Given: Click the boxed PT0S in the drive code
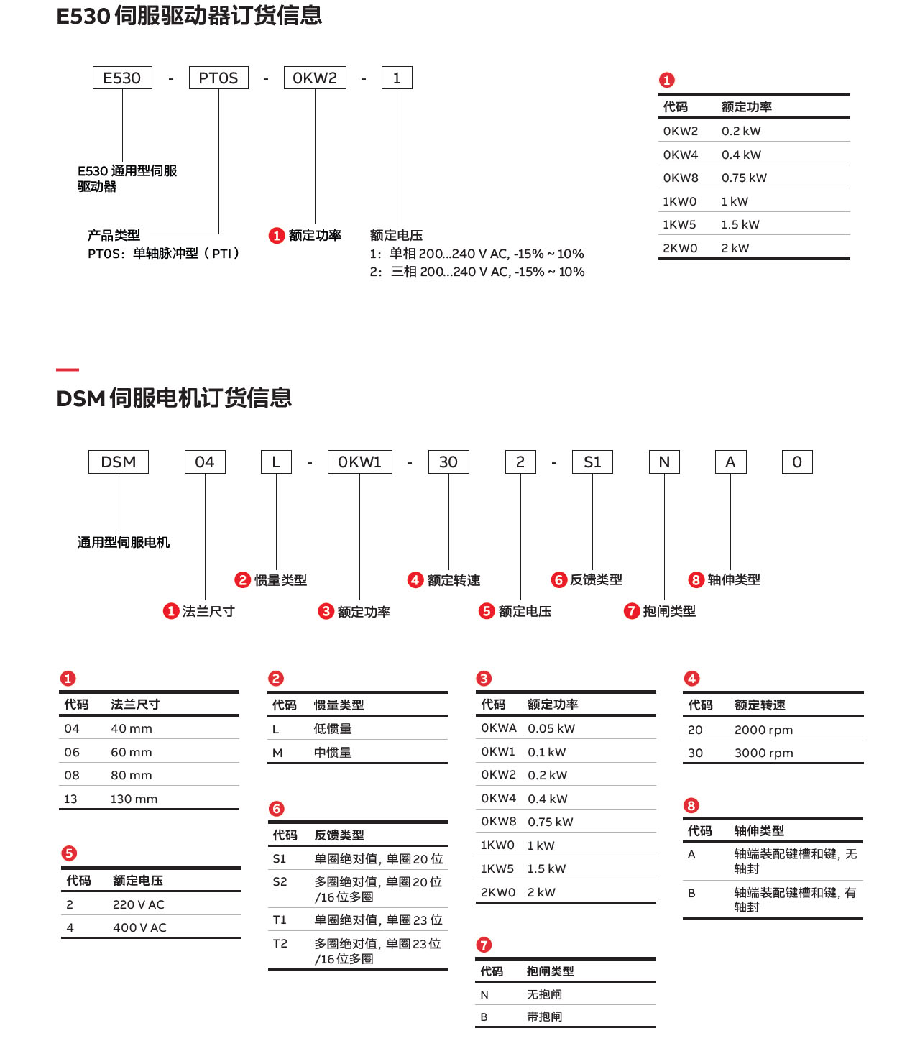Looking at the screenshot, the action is coord(218,78).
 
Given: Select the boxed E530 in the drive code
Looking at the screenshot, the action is coord(122,78).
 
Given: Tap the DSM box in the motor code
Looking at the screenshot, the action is coord(119,462).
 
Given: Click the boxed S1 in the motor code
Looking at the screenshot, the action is coord(592,462).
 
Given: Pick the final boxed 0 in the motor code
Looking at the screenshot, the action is coord(797,462).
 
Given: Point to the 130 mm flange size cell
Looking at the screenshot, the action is coord(134,799).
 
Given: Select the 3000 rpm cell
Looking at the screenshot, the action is coord(763,753).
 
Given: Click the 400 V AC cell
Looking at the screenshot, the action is coord(139,927).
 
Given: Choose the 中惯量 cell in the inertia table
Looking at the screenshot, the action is coord(333,753).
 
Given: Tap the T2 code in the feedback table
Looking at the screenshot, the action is coord(280,943).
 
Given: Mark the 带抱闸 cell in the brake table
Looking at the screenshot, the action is coord(544,1017).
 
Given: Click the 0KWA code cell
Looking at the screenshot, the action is coord(499,728).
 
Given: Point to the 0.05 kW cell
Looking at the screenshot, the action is coord(551,728).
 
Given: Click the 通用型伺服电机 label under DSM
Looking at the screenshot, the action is coord(124,542).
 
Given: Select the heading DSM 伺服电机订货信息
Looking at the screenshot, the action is coord(174,398).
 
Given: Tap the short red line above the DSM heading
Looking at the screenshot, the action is coord(68,370).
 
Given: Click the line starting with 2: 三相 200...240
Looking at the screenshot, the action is coord(477,272).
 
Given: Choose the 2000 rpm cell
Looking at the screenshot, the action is coord(763,730).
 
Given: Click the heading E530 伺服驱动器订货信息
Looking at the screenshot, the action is coord(189,16).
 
